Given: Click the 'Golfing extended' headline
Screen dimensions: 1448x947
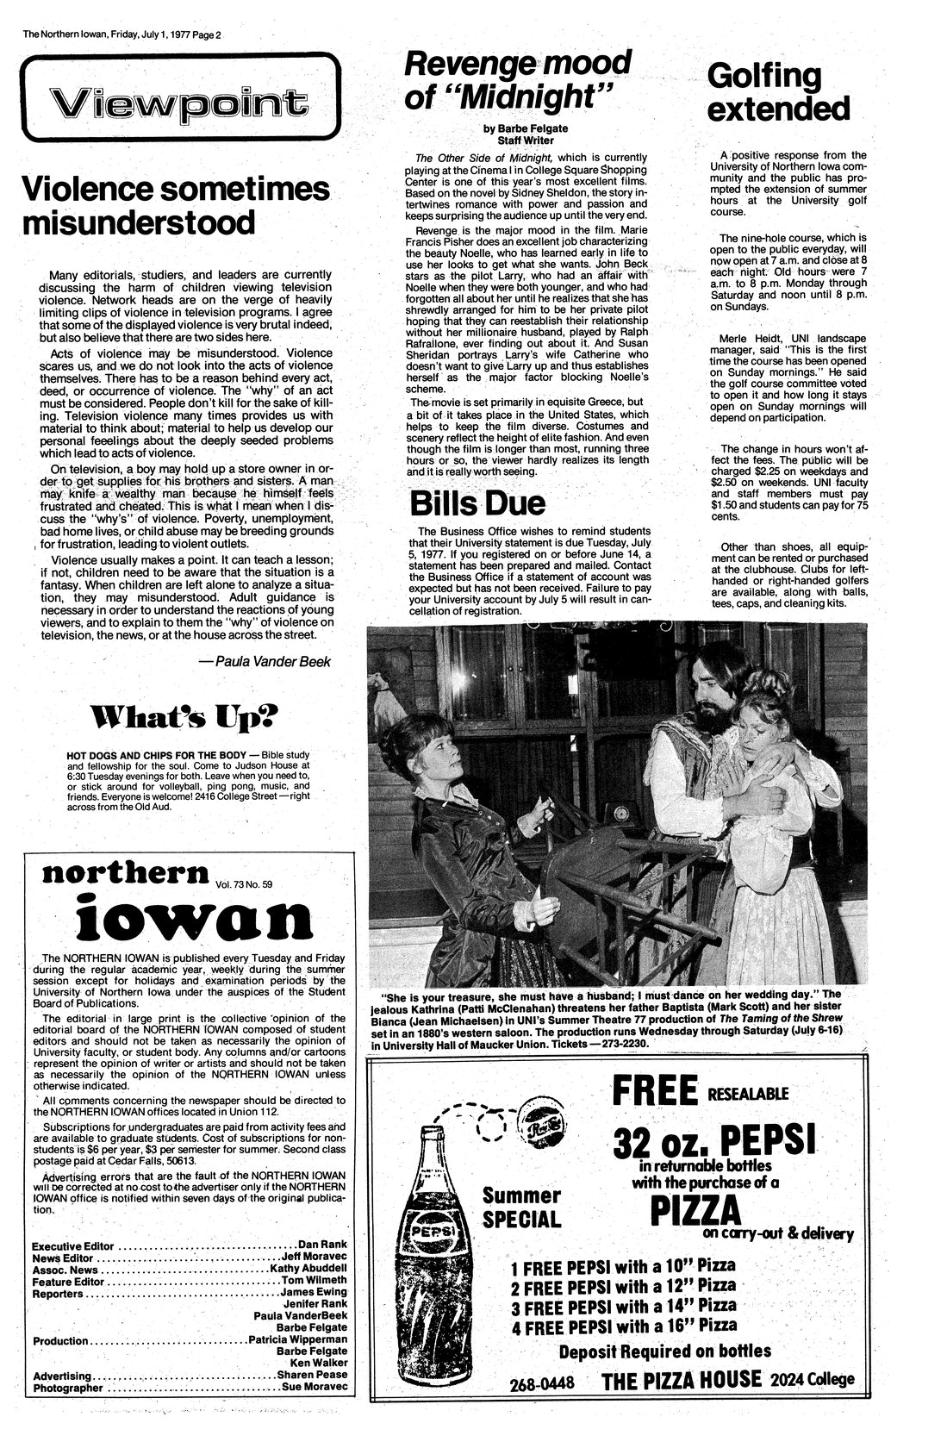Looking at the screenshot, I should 778,92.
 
